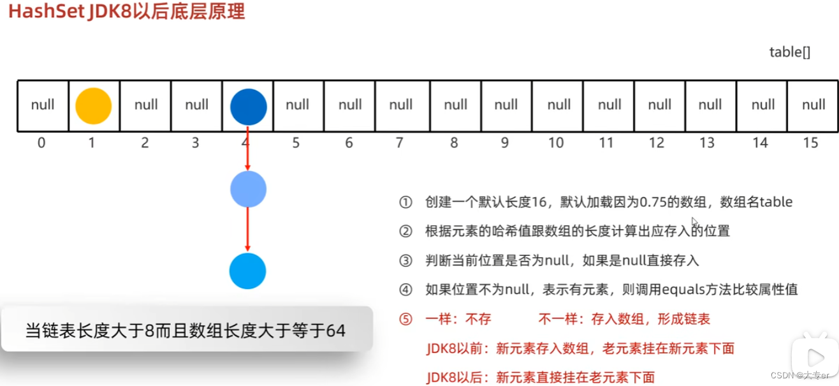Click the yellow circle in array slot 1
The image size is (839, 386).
point(93,106)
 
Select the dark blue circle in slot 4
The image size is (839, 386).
point(248,106)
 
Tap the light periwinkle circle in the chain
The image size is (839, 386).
point(248,189)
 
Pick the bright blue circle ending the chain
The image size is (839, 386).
point(247,271)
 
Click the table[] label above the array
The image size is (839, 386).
point(789,52)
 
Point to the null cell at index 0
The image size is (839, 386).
point(43,105)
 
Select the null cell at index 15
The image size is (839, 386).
point(813,105)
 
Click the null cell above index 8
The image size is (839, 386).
point(455,105)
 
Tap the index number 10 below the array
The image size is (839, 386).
point(556,143)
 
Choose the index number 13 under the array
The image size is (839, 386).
point(707,143)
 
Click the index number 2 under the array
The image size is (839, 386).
point(145,143)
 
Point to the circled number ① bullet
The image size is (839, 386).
point(406,202)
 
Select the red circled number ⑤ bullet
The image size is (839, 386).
point(406,319)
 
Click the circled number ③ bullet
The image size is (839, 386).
point(406,260)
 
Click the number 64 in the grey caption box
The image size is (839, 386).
point(335,330)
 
